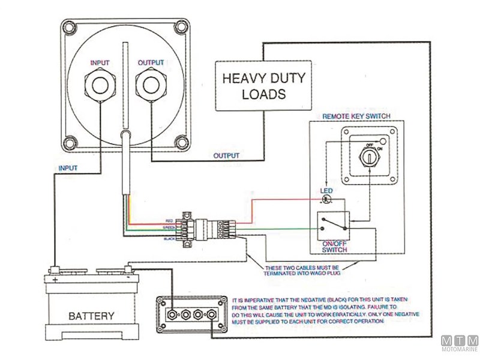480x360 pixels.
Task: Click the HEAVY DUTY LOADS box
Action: [x=264, y=86]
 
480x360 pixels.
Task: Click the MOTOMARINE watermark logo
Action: [x=460, y=344]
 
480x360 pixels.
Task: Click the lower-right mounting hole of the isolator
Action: [x=179, y=142]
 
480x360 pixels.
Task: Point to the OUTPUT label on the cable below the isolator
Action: [x=226, y=156]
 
